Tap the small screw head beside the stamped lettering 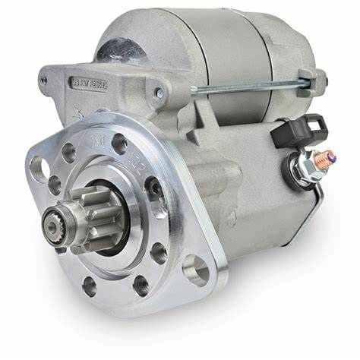pos(159,93)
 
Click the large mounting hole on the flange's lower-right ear pos(196,269)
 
